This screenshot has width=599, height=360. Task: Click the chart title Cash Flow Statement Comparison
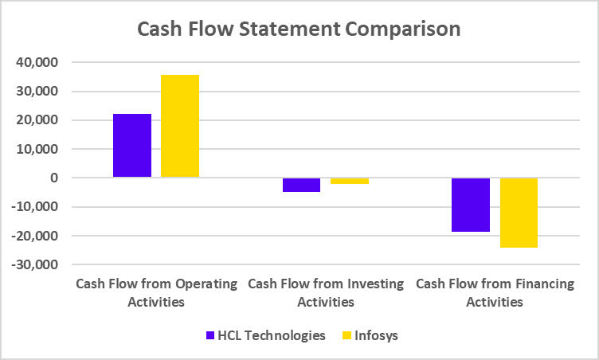pyautogui.click(x=299, y=29)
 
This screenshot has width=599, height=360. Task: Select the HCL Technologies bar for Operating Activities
pyautogui.click(x=132, y=146)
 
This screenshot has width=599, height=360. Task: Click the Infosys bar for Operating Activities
pyautogui.click(x=180, y=126)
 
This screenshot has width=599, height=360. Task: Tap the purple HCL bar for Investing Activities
pyautogui.click(x=301, y=185)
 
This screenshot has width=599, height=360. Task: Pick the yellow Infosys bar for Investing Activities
pyautogui.click(x=350, y=181)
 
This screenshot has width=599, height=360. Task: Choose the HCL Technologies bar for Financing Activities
pyautogui.click(x=471, y=205)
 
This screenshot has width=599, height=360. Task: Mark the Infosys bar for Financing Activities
pyautogui.click(x=519, y=213)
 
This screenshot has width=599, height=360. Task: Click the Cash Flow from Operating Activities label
pyautogui.click(x=156, y=292)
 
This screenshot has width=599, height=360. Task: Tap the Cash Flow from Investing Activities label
pyautogui.click(x=326, y=292)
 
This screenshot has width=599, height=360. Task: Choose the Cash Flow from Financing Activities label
pyautogui.click(x=495, y=292)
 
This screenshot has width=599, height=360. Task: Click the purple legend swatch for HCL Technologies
pyautogui.click(x=210, y=335)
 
